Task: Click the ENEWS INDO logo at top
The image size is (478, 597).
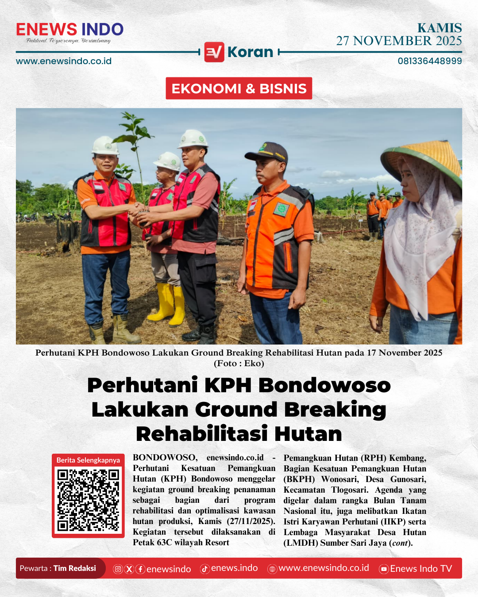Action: click(x=69, y=30)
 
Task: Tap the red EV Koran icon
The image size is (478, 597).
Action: click(x=214, y=52)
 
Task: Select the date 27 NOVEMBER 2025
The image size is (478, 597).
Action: click(x=399, y=41)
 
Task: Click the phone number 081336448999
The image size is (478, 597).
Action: click(x=429, y=61)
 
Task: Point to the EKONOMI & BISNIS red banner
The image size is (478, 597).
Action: click(x=239, y=88)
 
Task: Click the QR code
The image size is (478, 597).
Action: click(x=88, y=500)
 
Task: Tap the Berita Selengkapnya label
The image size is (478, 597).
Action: click(x=88, y=460)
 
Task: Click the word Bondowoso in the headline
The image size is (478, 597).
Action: click(x=324, y=385)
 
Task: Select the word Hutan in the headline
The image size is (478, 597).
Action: click(x=308, y=434)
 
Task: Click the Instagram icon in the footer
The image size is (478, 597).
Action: click(x=118, y=569)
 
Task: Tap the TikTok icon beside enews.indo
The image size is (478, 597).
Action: click(x=204, y=569)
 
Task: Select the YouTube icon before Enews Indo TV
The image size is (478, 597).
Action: click(x=384, y=569)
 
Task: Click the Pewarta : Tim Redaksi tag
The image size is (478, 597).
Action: click(x=58, y=568)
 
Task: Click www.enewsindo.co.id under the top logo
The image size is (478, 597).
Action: click(x=64, y=61)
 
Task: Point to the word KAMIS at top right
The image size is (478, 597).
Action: click(x=439, y=28)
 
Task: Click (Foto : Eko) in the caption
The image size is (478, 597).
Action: click(x=239, y=364)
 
